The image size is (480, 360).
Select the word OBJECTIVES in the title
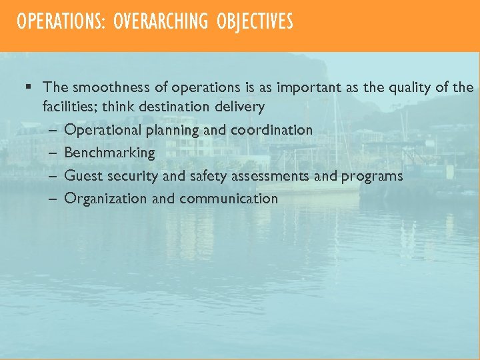tap(255, 22)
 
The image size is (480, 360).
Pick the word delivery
tap(241, 107)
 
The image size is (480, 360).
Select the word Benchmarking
tap(109, 153)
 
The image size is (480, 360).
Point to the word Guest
tap(82, 176)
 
